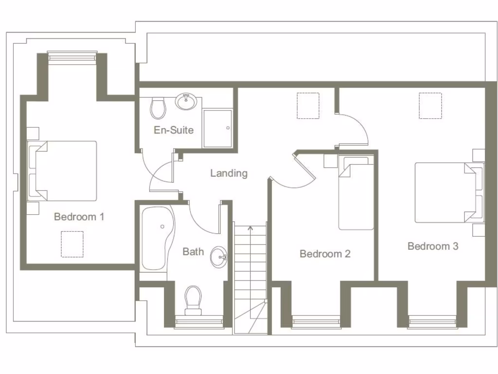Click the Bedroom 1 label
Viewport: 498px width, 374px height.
click(x=79, y=217)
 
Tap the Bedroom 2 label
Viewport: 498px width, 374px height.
click(x=325, y=254)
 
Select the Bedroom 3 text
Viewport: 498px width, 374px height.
click(x=433, y=246)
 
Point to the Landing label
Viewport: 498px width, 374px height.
click(x=229, y=173)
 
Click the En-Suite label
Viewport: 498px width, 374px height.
click(x=174, y=130)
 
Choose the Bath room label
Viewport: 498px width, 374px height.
click(x=193, y=251)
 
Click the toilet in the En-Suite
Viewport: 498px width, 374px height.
click(x=158, y=108)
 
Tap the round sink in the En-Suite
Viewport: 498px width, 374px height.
click(x=186, y=102)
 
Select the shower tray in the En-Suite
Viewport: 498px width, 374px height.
click(x=217, y=128)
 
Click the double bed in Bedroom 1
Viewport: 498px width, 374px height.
click(x=63, y=171)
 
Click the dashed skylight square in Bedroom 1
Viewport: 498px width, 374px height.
click(x=72, y=244)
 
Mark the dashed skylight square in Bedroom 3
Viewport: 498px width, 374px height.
click(x=430, y=106)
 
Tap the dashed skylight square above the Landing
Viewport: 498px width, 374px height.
click(x=308, y=106)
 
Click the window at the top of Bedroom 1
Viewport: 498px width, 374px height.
click(x=72, y=57)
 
